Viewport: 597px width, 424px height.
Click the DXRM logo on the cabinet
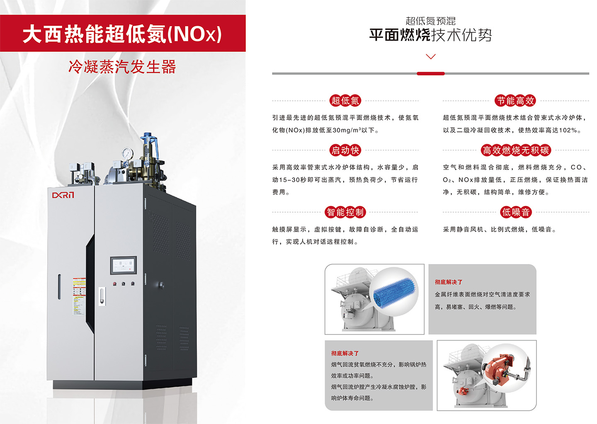pos(63,195)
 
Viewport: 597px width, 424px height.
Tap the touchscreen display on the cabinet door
pos(124,265)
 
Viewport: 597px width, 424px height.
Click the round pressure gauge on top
pos(127,154)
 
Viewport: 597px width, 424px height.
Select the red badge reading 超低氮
pos(345,101)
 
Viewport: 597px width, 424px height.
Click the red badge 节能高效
pos(516,101)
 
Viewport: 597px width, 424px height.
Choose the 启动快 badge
pos(345,150)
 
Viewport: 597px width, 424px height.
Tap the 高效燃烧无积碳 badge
pos(516,150)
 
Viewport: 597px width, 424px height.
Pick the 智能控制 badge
pos(345,212)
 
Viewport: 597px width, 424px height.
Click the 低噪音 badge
pos(516,212)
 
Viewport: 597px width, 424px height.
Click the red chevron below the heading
pos(431,56)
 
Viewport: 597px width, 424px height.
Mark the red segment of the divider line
pos(431,73)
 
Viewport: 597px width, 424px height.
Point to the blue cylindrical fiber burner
pos(394,293)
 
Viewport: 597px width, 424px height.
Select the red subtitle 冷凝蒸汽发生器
pos(122,67)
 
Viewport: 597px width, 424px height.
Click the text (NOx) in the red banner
pos(194,34)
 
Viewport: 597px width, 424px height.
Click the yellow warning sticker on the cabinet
pos(79,296)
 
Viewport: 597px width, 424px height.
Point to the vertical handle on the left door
pos(59,286)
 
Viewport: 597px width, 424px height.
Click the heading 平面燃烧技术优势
pos(431,35)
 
